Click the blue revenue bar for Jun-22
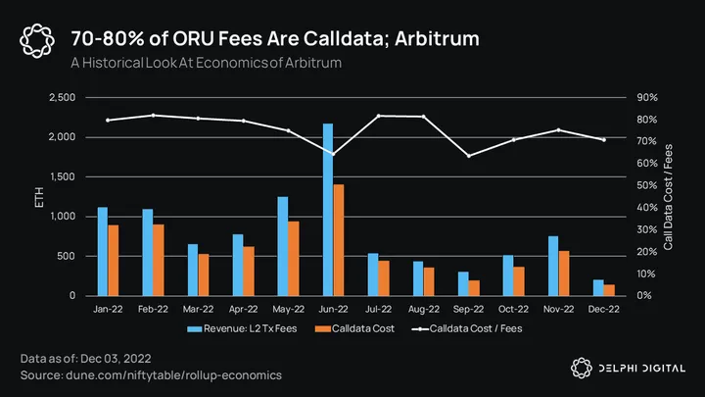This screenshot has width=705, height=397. [x=327, y=210]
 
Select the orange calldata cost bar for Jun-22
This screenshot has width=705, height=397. [x=339, y=240]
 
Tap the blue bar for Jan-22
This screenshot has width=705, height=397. [x=102, y=251]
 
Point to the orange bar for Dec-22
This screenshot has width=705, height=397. [x=610, y=290]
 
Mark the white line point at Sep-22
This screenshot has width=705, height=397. [x=469, y=156]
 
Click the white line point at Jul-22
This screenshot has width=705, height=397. [x=379, y=116]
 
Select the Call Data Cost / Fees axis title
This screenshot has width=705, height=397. [x=668, y=196]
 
